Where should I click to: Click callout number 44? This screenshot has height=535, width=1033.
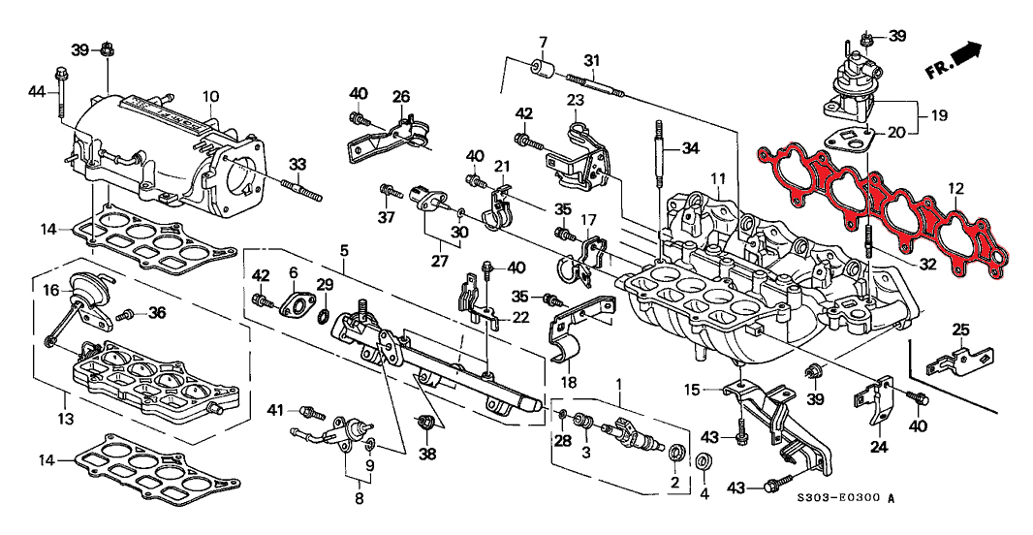37,91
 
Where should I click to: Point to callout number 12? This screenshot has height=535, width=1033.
955,188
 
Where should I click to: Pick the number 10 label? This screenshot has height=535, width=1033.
210,96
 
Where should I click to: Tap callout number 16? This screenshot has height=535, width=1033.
50,289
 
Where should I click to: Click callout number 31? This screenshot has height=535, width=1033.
591,60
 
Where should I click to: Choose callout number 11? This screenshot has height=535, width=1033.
717,178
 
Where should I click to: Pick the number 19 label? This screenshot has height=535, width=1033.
937,115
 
